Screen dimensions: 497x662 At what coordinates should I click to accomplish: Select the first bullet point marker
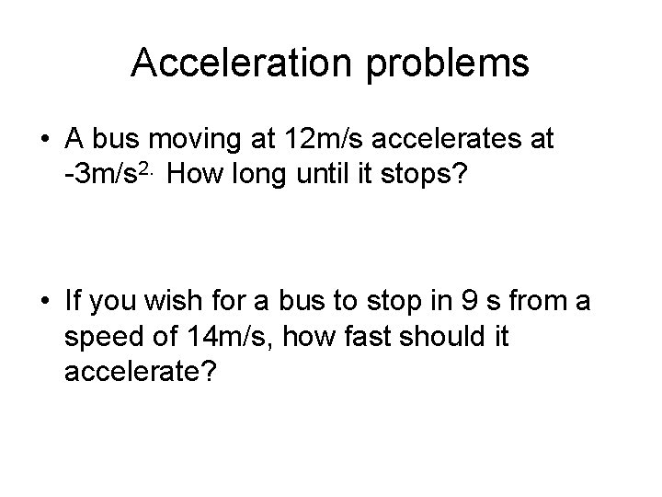coord(45,141)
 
